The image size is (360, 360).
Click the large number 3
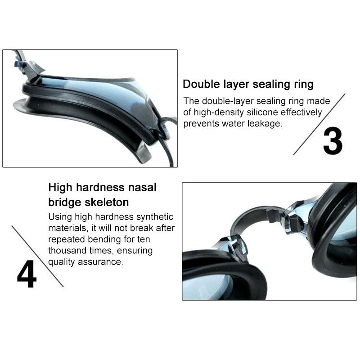(x=333, y=140)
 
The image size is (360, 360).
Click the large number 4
(x=27, y=274)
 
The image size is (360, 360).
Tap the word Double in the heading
(x=201, y=84)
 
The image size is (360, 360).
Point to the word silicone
(x=262, y=112)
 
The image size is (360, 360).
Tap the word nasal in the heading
(x=142, y=187)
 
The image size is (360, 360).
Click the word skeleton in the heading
(x=107, y=202)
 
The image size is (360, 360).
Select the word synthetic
(x=154, y=217)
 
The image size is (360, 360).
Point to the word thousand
(x=67, y=250)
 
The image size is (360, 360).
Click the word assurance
(x=100, y=262)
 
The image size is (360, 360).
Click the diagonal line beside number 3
(x=319, y=124)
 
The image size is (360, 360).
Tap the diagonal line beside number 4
(x=37, y=256)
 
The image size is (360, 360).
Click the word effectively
(x=301, y=113)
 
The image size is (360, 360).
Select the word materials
(x=68, y=228)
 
